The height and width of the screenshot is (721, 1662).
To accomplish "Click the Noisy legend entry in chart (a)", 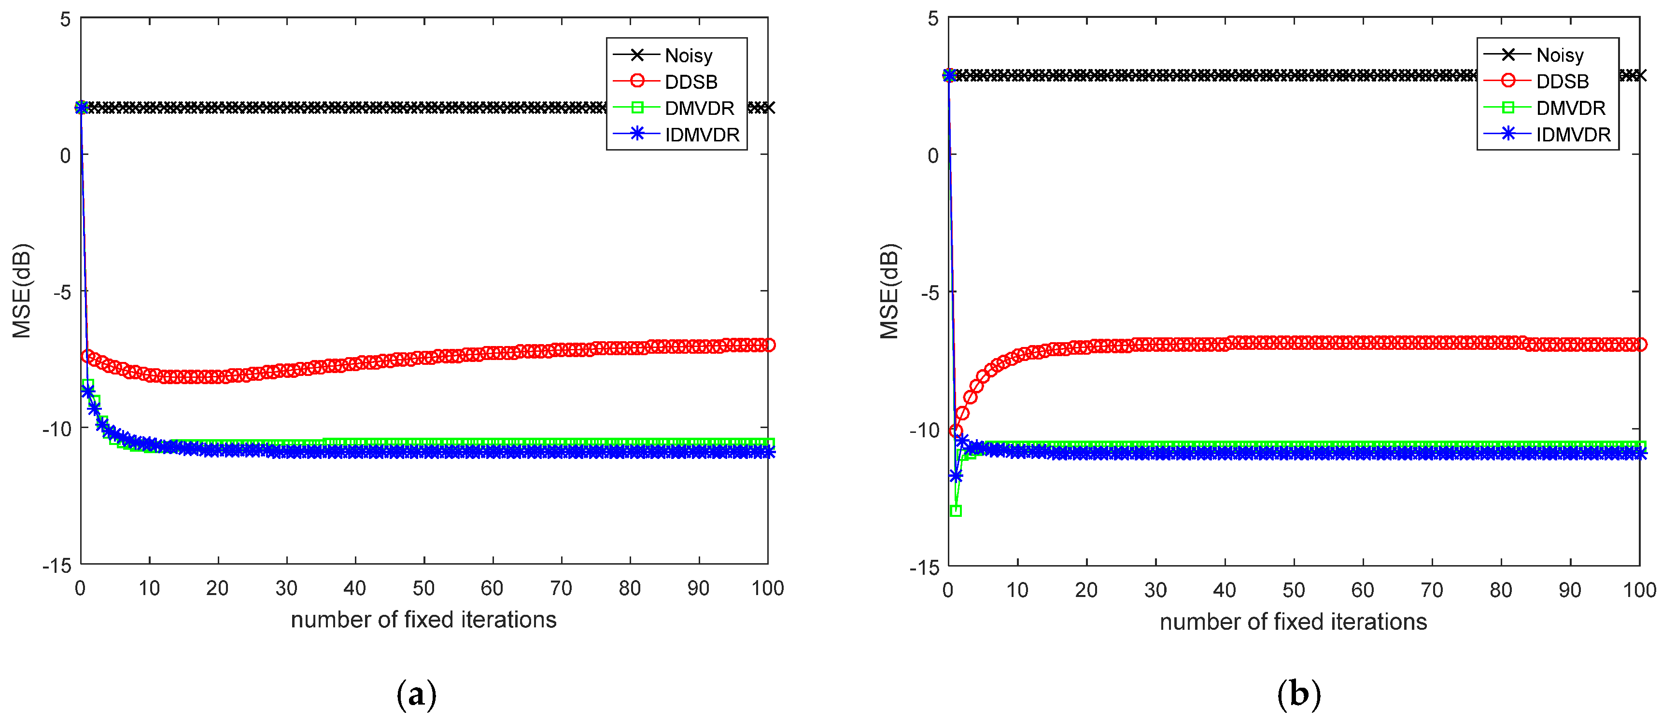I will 688,55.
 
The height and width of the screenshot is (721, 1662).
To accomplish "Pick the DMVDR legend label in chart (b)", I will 1570,108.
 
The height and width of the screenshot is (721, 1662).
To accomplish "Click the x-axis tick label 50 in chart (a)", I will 423,588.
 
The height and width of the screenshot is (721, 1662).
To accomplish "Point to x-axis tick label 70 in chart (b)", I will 1431,590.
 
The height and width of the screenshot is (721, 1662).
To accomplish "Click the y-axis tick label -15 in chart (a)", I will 57,566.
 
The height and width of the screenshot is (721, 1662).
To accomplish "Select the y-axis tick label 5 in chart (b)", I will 933,19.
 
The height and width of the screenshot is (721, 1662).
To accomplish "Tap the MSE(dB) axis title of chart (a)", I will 22,291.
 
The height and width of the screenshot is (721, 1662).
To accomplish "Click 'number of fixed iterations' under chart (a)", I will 423,620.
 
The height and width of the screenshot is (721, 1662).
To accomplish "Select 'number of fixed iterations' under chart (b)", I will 1293,622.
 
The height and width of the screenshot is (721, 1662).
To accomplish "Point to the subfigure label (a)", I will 416,694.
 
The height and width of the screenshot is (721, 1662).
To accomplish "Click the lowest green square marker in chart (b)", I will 956,511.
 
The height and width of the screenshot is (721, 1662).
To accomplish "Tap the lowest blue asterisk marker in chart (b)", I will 956,476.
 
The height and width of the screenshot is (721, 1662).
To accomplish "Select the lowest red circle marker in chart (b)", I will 956,431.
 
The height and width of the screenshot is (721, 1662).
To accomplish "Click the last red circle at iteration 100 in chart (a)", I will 768,345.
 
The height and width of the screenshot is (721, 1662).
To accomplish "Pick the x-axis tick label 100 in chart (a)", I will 767,588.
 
